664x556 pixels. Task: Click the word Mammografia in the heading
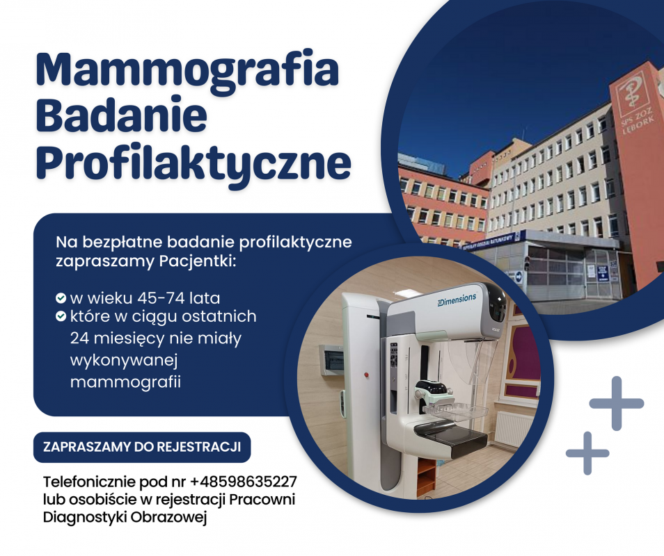coord(188,71)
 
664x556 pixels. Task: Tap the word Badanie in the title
coord(122,115)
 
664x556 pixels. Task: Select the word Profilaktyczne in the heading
coord(193,161)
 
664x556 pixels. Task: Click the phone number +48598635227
coord(244,482)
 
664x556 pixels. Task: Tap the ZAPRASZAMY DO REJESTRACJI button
coord(142,447)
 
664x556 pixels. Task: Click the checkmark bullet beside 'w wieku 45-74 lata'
coord(61,299)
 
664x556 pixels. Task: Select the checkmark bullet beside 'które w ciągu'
coord(61,317)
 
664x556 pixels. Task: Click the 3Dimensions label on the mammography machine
coord(457,298)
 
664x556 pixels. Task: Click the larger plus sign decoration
coord(616,403)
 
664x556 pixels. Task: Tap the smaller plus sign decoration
coord(587,452)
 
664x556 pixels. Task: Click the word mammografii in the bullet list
coord(125,381)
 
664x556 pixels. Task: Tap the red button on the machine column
coord(365,375)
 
